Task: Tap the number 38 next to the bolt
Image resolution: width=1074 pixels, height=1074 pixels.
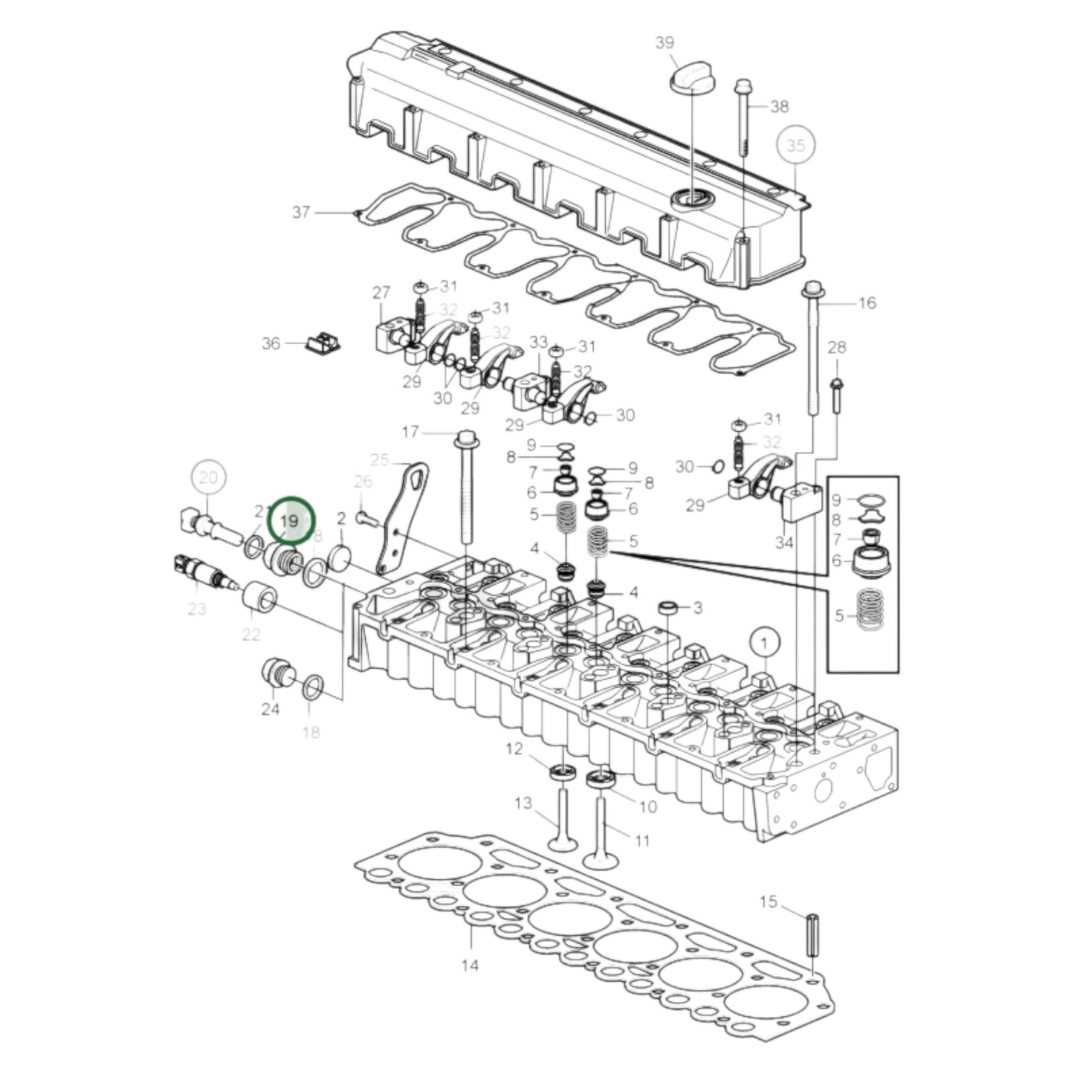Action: (778, 107)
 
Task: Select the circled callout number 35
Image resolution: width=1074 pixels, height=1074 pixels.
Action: (795, 146)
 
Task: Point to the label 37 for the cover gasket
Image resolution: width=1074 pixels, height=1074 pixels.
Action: (300, 213)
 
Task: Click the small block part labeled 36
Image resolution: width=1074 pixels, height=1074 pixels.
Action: (323, 343)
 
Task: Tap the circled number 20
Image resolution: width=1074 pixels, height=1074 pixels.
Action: (209, 477)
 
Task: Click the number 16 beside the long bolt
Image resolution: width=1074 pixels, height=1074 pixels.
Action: (867, 303)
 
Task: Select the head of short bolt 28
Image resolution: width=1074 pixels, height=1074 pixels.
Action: (837, 385)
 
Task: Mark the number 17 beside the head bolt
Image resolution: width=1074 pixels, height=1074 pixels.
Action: (410, 432)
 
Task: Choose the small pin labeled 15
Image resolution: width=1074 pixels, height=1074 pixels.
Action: (812, 936)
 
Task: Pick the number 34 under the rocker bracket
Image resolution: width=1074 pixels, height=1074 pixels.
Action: (784, 543)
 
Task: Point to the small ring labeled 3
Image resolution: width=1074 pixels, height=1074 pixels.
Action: (668, 608)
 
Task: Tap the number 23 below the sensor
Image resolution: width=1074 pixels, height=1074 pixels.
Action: (196, 609)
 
